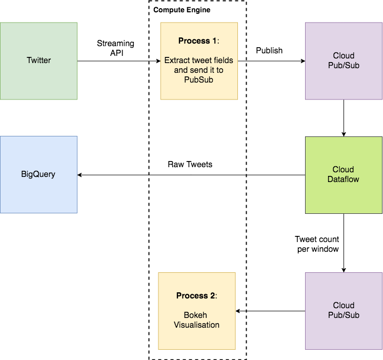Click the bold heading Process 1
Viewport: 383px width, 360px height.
point(198,41)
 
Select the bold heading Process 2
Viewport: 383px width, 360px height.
point(196,295)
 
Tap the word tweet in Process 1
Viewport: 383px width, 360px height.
point(199,61)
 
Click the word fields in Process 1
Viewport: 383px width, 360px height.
point(223,61)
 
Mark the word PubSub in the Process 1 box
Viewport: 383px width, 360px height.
point(199,80)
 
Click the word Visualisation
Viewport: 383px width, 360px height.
point(196,325)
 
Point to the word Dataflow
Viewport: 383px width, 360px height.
point(344,179)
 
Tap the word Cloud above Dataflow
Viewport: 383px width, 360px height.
point(344,170)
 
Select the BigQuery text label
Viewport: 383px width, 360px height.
point(38,174)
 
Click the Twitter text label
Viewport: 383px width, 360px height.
point(39,61)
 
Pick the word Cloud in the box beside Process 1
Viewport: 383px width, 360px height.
point(344,55)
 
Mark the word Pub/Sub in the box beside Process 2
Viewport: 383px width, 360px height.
point(344,315)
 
